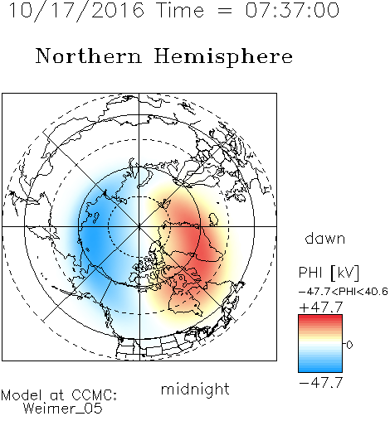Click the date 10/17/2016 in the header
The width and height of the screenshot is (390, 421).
[76, 11]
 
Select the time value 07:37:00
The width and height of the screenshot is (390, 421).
[292, 10]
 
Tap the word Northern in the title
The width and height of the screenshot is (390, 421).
[89, 56]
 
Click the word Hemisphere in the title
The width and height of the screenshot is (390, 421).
[223, 57]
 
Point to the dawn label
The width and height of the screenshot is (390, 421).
[325, 238]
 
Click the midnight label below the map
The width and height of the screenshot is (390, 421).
[195, 390]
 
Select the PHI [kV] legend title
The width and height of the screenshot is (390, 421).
[329, 273]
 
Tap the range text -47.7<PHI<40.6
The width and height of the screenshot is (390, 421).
[344, 292]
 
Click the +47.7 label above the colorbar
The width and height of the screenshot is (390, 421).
[321, 307]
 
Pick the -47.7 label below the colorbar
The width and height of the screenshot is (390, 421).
[321, 383]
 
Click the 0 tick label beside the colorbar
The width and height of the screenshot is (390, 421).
[349, 345]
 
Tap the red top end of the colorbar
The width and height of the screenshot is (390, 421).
[320, 317]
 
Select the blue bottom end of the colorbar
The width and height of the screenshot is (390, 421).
[320, 370]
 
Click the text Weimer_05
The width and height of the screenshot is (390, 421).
[63, 409]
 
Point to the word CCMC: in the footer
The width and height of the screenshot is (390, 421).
[95, 395]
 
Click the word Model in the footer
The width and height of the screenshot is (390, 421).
[22, 395]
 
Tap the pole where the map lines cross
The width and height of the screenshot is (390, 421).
[139, 226]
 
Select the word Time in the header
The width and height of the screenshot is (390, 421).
[180, 10]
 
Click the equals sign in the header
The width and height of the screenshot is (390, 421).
[225, 11]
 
